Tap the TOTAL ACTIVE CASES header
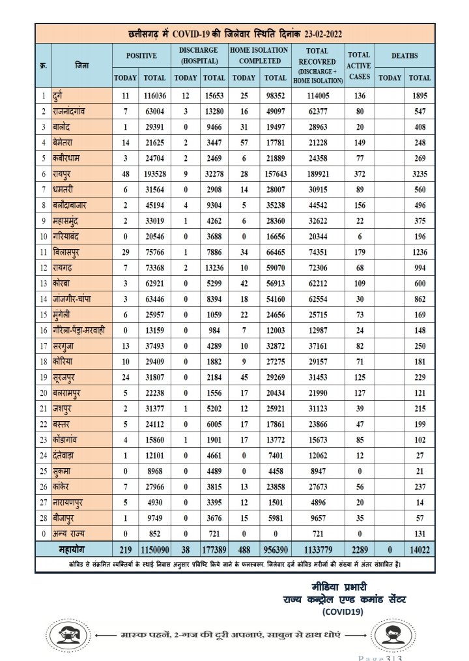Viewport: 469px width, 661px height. click(x=359, y=66)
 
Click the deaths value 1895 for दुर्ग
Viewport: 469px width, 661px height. click(x=419, y=96)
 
